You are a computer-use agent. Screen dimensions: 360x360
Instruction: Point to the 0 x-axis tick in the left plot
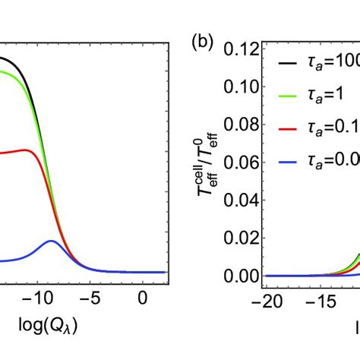(143, 300)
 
